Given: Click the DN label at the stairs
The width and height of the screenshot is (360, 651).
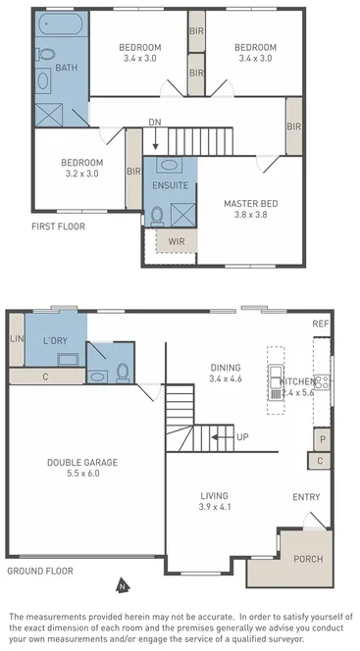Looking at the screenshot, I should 155,122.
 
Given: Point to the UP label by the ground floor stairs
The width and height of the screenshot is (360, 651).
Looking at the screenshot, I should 241,436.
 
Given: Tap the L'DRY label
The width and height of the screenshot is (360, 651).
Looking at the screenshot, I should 54,339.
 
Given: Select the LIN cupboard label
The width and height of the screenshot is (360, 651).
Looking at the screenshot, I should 16,338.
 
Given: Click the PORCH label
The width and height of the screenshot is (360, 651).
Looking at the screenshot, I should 307,559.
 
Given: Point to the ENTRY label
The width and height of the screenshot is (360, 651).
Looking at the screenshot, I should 306,497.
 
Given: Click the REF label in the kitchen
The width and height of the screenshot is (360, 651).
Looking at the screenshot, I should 320,324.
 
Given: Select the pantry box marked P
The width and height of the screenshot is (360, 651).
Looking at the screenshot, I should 321,438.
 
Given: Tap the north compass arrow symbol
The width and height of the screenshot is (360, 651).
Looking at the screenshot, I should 121,586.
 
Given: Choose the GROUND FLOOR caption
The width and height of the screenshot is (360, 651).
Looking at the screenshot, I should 42,570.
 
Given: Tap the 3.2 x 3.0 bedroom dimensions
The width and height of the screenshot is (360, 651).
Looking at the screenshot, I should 81,174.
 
